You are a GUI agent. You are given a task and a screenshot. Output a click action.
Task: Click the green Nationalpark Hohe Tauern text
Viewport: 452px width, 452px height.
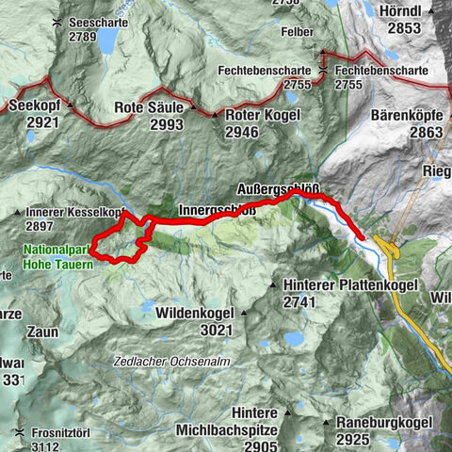(57, 257)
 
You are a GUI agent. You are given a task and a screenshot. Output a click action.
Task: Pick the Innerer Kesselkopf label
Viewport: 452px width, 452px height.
(75, 214)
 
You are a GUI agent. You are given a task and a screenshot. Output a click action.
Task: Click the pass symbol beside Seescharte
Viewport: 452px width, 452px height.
(58, 22)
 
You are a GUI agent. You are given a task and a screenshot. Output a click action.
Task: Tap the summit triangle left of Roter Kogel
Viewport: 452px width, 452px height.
(217, 116)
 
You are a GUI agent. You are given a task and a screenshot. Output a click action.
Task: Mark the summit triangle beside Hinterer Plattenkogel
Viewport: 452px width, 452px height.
(272, 284)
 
